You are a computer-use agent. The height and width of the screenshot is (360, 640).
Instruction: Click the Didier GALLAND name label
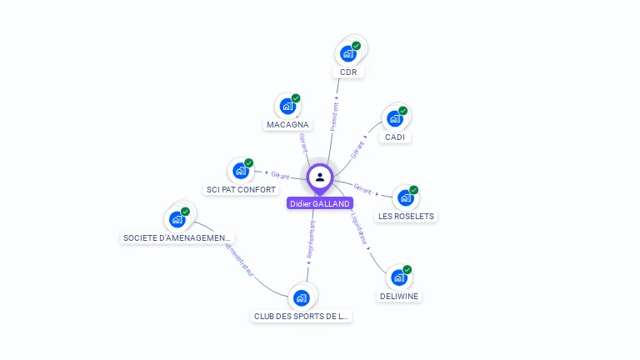(x=319, y=203)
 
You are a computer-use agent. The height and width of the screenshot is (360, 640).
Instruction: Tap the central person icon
(x=320, y=177)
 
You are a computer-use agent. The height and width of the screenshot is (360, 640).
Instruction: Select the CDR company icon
(x=348, y=53)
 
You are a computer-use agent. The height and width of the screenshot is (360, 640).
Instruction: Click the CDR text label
(x=348, y=72)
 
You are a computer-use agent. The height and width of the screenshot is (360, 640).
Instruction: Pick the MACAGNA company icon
(x=287, y=106)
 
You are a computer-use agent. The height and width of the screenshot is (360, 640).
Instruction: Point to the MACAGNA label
(x=287, y=125)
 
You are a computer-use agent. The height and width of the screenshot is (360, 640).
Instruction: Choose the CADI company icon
(x=395, y=118)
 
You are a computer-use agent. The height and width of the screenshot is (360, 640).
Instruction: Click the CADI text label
(x=395, y=137)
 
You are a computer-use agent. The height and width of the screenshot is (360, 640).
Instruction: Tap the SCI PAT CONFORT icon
(x=241, y=171)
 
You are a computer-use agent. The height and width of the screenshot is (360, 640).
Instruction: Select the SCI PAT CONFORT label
(x=241, y=190)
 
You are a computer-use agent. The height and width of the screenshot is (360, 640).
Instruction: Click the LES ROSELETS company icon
(x=406, y=197)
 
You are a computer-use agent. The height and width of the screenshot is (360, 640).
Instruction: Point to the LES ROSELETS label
(x=406, y=217)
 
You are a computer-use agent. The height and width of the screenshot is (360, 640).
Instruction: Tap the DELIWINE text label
(x=399, y=297)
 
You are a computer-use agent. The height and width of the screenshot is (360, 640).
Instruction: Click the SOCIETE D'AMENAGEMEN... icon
(x=177, y=219)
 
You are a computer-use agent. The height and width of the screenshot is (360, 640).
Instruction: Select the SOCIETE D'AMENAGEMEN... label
(x=177, y=238)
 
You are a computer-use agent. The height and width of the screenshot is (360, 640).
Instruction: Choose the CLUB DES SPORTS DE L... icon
(x=302, y=297)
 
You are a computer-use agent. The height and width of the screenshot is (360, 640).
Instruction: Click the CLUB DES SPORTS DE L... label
(x=302, y=317)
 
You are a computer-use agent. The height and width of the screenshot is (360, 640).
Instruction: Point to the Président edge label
(x=334, y=117)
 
